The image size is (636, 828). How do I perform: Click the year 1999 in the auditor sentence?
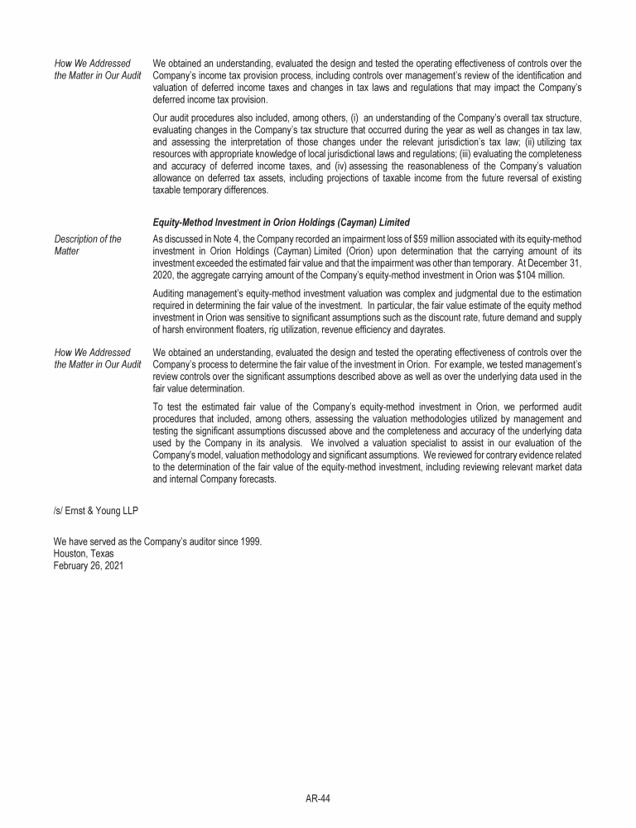click(x=251, y=542)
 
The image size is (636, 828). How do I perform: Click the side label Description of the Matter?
click(x=88, y=245)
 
